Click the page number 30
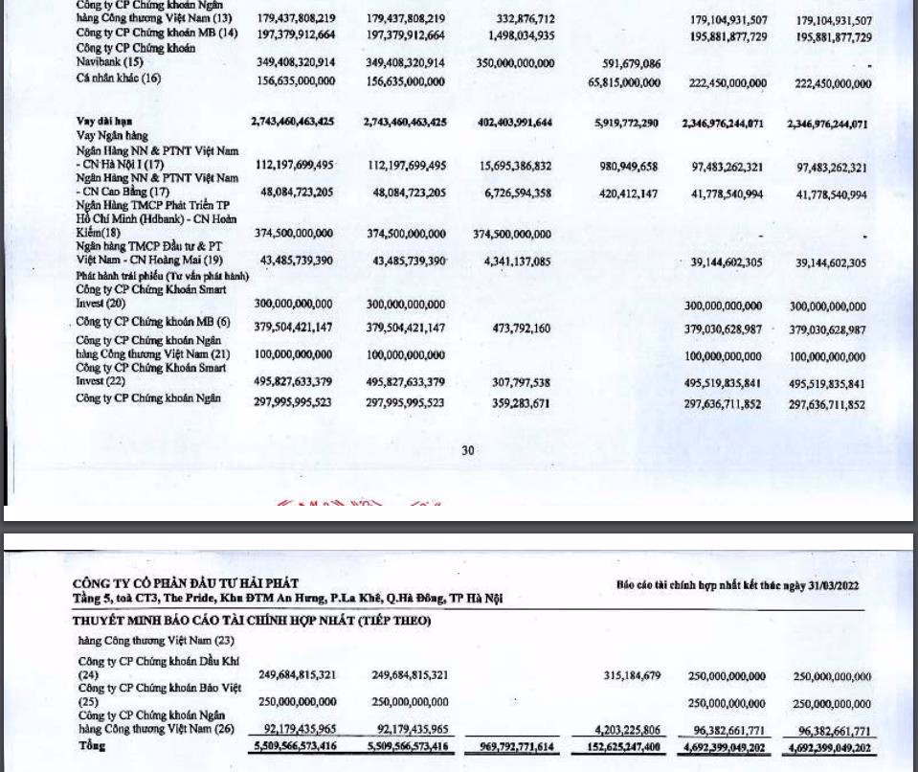coord(467,450)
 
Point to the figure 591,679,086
coord(631,64)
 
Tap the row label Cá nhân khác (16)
coord(119,79)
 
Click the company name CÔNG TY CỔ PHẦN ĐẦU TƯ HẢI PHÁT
coord(186,583)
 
